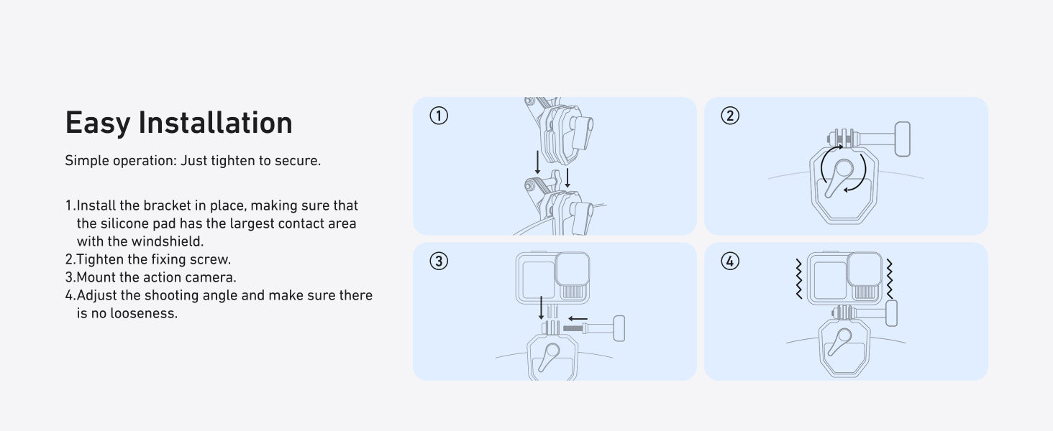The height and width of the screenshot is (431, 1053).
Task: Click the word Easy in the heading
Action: [97, 124]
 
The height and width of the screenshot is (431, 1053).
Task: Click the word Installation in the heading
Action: [215, 123]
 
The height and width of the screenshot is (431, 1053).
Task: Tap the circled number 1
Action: [439, 116]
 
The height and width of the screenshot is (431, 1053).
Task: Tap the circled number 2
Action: [730, 116]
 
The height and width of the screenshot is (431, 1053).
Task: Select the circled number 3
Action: [439, 261]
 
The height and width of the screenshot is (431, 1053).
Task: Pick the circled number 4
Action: [730, 261]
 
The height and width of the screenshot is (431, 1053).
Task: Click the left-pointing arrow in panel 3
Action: [578, 319]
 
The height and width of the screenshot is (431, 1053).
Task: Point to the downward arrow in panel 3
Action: [541, 307]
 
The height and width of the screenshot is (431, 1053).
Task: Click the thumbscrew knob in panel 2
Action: [903, 139]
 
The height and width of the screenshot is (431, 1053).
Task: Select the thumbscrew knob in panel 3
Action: [619, 328]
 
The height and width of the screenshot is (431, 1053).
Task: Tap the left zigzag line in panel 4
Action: [798, 279]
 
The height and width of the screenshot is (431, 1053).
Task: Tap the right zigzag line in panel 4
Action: [889, 279]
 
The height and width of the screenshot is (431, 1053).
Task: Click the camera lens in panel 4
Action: [865, 269]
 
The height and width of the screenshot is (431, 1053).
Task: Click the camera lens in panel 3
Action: [573, 269]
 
